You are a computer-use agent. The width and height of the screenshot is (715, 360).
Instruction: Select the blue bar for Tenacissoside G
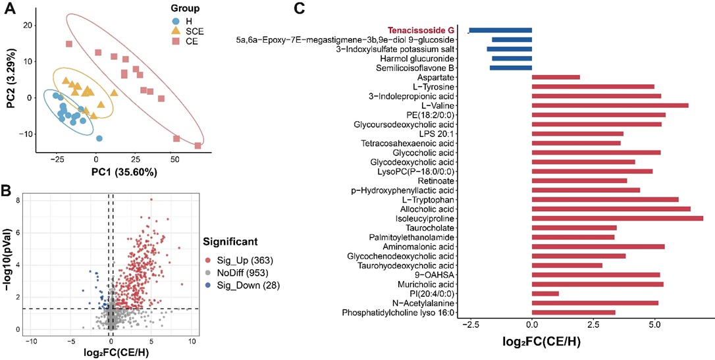coord(500,30)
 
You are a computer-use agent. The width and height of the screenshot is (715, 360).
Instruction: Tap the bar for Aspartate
coord(555,77)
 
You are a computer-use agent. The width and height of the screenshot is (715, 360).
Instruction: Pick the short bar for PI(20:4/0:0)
coord(544,294)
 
